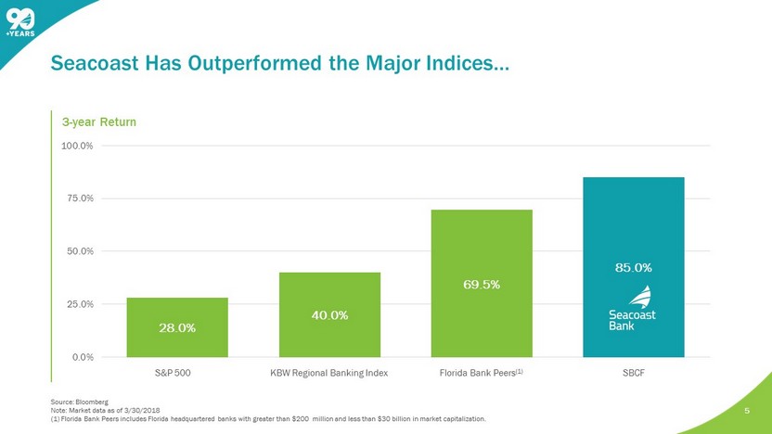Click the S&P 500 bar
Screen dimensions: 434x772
(x=177, y=326)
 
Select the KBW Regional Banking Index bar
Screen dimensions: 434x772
(x=329, y=314)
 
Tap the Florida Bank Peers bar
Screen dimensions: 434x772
(x=482, y=283)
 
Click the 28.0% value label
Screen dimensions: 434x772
(x=177, y=327)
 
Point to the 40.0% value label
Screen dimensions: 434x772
(x=329, y=315)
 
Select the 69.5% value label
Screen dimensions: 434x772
(x=482, y=284)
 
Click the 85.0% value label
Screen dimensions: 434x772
(x=634, y=267)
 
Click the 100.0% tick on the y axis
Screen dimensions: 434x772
(x=76, y=146)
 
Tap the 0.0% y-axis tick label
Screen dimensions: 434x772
(x=80, y=357)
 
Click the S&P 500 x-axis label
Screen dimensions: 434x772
(x=177, y=372)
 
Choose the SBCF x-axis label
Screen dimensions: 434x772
(x=634, y=372)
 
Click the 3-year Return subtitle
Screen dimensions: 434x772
(x=99, y=121)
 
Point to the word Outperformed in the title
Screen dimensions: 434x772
(x=246, y=64)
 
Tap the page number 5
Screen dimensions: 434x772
(x=747, y=407)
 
